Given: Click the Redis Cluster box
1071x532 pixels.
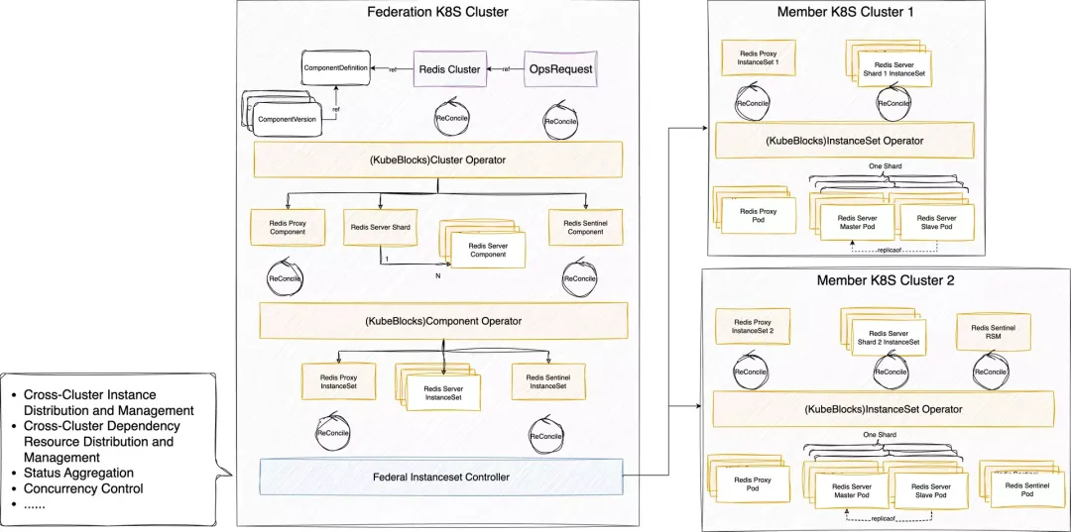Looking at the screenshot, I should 451,69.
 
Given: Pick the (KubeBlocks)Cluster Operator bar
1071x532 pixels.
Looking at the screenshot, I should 437,159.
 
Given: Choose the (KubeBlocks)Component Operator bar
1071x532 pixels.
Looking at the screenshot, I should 443,320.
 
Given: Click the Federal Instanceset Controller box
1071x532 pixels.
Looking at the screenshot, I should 440,477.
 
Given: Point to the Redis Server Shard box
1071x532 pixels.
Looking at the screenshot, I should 381,227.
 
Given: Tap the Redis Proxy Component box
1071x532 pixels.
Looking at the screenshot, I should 288,227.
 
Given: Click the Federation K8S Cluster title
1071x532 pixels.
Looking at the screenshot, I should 437,13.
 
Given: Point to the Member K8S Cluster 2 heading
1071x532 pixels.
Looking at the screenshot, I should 885,280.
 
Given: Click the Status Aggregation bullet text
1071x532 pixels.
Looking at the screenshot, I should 78,473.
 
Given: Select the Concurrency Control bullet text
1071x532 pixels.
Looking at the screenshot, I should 83,488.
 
